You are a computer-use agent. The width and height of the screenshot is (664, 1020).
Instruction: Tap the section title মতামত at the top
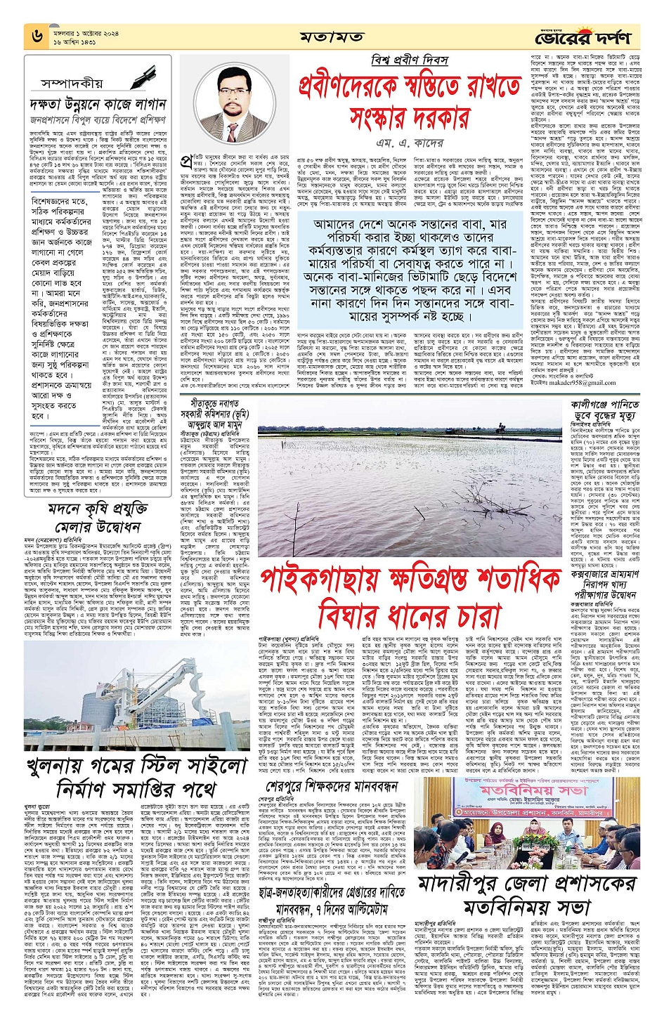332,37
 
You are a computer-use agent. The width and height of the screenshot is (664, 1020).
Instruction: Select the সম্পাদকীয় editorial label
72,84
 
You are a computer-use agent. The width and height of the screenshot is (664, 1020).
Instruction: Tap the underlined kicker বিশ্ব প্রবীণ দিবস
410,60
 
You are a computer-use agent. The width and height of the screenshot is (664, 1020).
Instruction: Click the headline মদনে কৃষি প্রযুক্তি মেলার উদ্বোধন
98,517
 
